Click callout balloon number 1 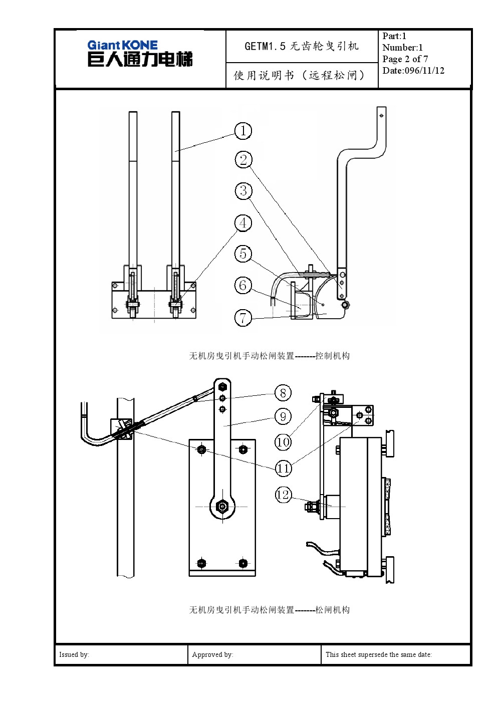[x=243, y=131]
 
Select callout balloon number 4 [x=243, y=223]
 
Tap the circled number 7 [x=243, y=318]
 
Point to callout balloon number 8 [x=283, y=393]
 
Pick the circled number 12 [x=283, y=495]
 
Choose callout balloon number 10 [x=283, y=442]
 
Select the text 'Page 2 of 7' [x=405, y=59]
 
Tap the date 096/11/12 [x=424, y=71]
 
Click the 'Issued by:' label [x=74, y=654]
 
